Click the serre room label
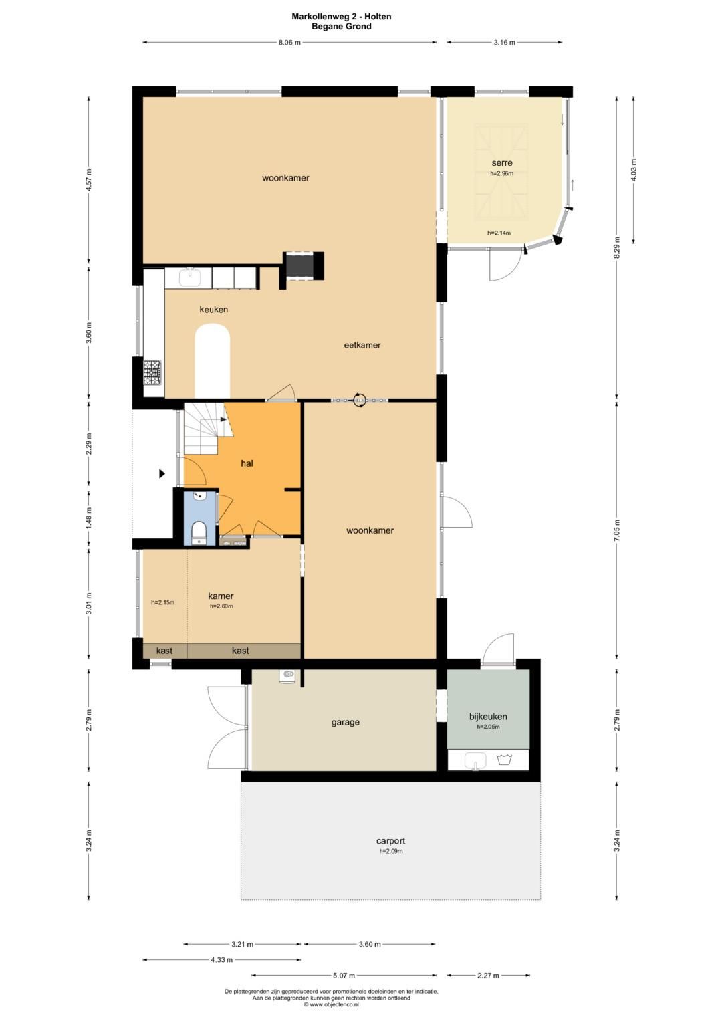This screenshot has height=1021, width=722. pyautogui.click(x=502, y=162)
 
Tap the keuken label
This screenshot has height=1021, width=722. pyautogui.click(x=214, y=310)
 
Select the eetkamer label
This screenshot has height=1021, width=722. pyautogui.click(x=362, y=345)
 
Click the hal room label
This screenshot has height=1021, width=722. pyautogui.click(x=247, y=463)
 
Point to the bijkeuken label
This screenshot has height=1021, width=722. pyautogui.click(x=488, y=717)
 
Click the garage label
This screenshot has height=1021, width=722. pyautogui.click(x=346, y=722)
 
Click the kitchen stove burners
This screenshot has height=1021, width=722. pyautogui.click(x=152, y=372)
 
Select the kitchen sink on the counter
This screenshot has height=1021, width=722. pyautogui.click(x=191, y=277)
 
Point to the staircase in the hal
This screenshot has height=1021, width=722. pyautogui.click(x=207, y=429)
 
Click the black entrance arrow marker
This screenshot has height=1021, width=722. pyautogui.click(x=161, y=473)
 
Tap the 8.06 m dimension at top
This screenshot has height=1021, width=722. pyautogui.click(x=290, y=43)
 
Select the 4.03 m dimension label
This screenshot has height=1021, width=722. pyautogui.click(x=634, y=170)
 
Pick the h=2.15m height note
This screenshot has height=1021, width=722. pyautogui.click(x=162, y=602)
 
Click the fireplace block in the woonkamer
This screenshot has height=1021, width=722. pyautogui.click(x=304, y=266)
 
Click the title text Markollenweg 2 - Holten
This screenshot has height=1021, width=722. pyautogui.click(x=342, y=17)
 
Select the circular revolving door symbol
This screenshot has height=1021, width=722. pyautogui.click(x=360, y=400)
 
